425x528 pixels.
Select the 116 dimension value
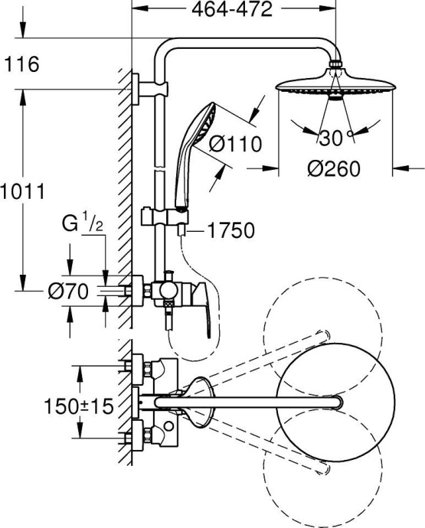pyautogui.click(x=21, y=66)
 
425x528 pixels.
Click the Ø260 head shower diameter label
pyautogui.click(x=334, y=168)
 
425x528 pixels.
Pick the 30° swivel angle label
pyautogui.click(x=334, y=138)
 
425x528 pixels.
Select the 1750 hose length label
pyautogui.click(x=231, y=229)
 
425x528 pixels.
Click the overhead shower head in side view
pyautogui.click(x=333, y=86)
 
